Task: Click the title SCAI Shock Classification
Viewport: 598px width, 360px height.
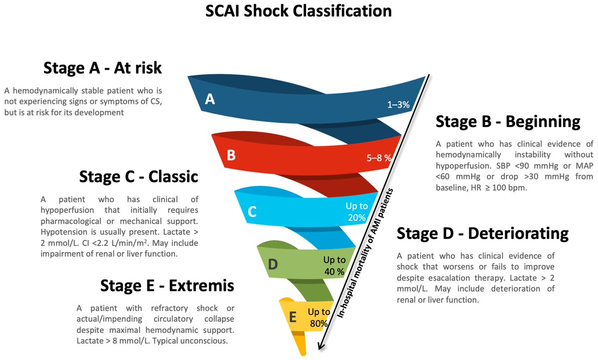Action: coord(299,11)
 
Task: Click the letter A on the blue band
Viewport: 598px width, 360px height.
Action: coord(210,100)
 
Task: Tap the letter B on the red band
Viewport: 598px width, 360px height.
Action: coord(231,155)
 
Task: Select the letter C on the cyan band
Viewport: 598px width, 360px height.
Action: coord(252,212)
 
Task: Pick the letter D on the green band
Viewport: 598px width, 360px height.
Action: coord(273,264)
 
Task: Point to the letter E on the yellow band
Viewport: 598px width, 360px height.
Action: coord(293,317)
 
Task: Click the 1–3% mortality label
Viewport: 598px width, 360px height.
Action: coord(398,105)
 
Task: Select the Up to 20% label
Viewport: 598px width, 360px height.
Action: coord(356,212)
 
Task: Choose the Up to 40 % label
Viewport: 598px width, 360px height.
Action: coord(334,265)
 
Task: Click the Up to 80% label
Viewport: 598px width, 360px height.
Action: coord(318,318)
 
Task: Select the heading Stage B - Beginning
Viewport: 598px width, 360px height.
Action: coord(508,121)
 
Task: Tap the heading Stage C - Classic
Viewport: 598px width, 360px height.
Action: coord(139,176)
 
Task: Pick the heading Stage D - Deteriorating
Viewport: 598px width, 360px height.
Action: coord(482,233)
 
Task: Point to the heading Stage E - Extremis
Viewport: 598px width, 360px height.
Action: coord(167,285)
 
